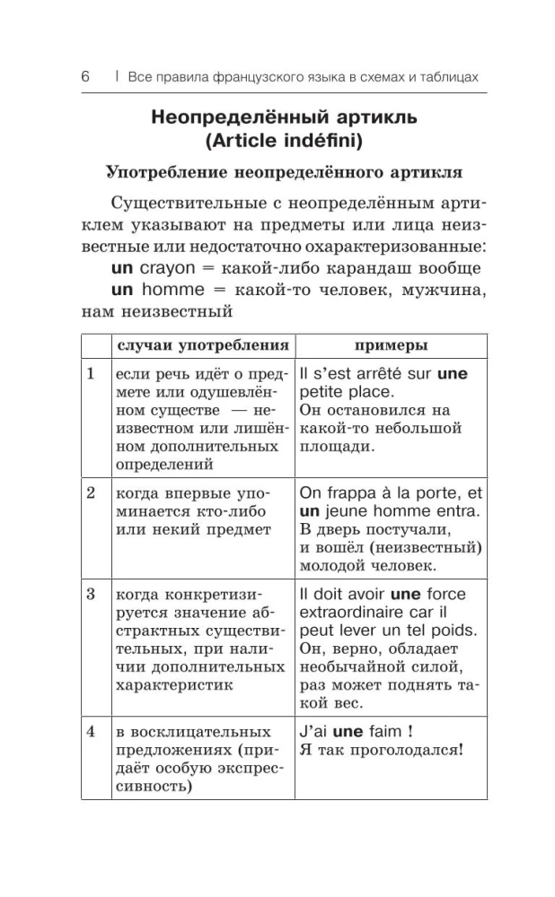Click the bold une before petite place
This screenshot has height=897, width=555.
click(x=452, y=373)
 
